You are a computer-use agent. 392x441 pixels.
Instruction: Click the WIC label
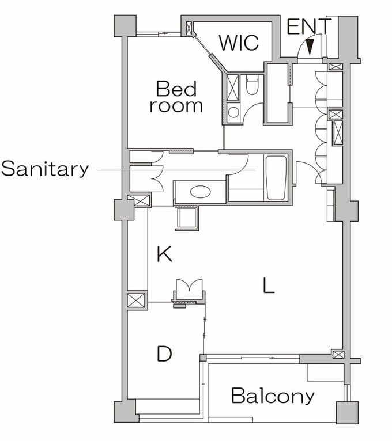239,43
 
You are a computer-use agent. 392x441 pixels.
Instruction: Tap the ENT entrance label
309,26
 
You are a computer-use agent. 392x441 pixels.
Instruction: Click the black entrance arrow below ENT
310,47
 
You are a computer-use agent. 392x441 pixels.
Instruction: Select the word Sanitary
45,169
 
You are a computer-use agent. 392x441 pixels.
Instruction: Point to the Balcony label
273,396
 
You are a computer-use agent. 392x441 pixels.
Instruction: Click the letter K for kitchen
164,254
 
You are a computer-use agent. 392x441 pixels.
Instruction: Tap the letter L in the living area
269,285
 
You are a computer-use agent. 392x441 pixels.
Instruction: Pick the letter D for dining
164,353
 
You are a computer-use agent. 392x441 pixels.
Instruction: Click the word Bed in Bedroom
176,89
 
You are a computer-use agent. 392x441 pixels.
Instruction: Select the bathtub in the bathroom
276,178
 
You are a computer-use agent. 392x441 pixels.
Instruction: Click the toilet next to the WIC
252,85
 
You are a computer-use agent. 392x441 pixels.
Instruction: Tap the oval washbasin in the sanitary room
200,192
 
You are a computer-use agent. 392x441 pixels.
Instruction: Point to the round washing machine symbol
233,112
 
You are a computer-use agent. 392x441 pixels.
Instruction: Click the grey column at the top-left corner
125,26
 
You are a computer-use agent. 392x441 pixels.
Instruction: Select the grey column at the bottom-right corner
348,412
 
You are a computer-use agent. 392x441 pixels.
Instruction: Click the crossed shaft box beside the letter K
137,300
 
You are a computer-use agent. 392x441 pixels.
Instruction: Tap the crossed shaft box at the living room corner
338,355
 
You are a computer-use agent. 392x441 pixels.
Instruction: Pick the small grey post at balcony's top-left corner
203,358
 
